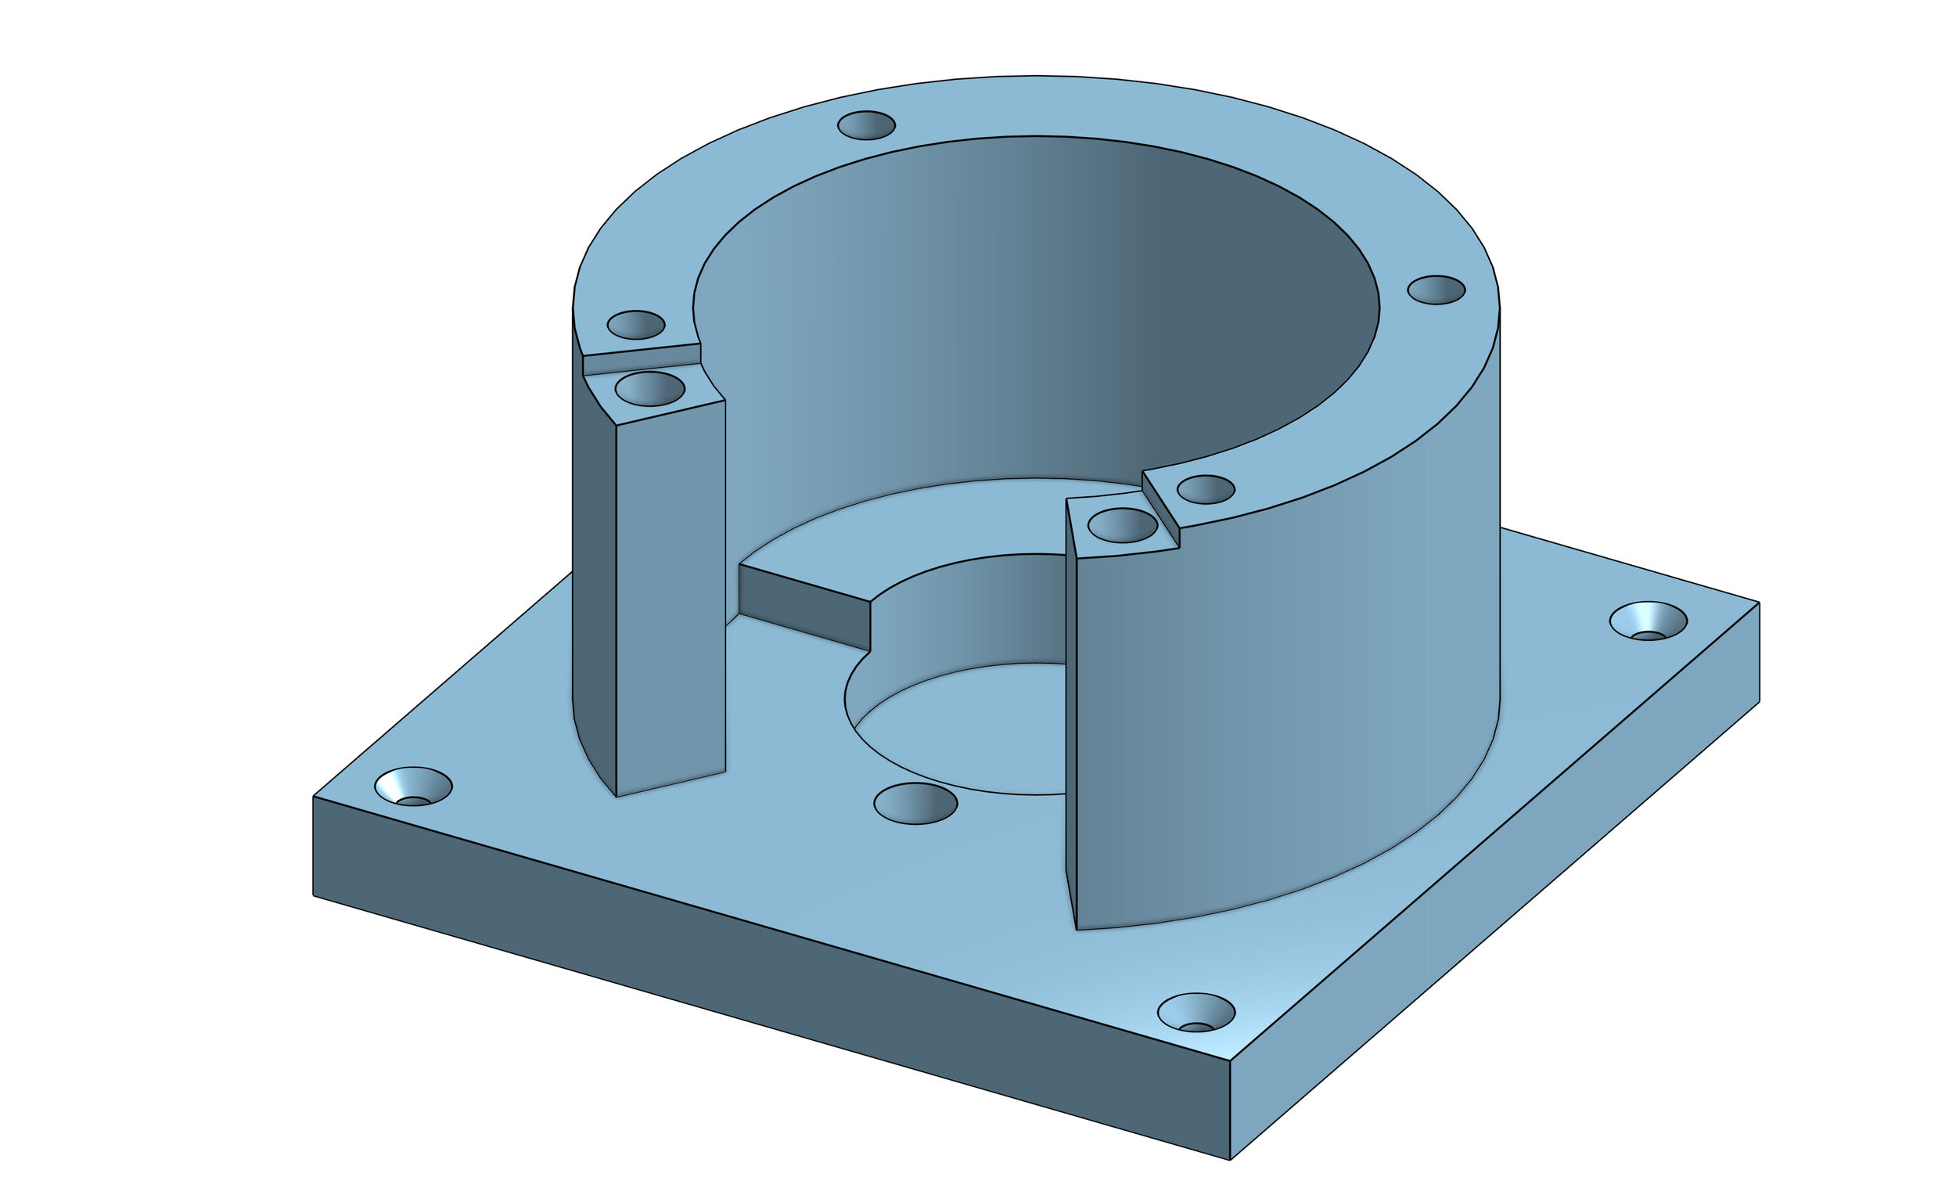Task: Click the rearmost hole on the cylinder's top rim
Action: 866,125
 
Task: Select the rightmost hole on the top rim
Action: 1436,290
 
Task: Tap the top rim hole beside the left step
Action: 635,325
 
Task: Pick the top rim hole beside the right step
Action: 1205,490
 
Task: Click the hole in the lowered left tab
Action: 649,389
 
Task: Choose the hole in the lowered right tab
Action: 1122,526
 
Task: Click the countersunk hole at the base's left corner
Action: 414,787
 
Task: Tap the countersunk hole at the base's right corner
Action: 1648,621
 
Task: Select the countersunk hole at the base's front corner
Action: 1196,1013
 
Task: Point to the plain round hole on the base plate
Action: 915,803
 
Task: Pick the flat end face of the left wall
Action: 671,596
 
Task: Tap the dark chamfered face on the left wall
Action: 594,572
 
